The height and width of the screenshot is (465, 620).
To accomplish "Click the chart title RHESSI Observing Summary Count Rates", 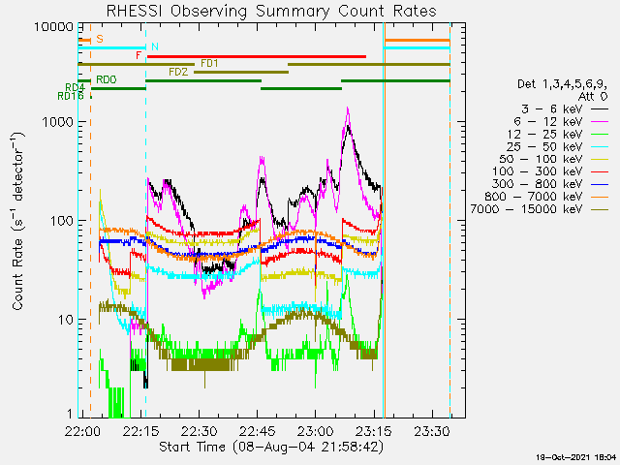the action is coord(271,11).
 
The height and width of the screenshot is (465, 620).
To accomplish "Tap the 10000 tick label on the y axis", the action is coord(54,27).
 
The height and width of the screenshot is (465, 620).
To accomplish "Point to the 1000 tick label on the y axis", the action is coord(58,122).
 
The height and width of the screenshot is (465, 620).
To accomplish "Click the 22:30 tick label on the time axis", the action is coord(199,431).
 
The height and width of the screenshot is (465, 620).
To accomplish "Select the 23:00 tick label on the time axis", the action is coord(315,431).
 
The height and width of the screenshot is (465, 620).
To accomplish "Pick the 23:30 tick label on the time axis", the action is coord(432,431).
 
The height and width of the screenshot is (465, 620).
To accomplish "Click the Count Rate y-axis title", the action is coord(17,222).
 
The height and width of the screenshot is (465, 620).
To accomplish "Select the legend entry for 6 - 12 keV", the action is coord(561,121).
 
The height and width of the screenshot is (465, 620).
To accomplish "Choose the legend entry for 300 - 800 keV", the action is coord(549,184).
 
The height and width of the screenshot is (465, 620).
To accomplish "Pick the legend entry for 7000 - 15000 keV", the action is coord(540,209).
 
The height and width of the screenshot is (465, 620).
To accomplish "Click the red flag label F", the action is coord(139,55).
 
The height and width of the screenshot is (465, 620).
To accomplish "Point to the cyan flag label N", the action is coord(155,47).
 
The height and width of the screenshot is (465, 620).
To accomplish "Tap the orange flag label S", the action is coord(100,39).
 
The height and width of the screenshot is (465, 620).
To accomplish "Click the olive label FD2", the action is coord(178,72).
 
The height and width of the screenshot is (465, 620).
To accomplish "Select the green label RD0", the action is coord(107,79).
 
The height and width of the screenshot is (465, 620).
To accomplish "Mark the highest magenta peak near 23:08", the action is coord(348,108).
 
